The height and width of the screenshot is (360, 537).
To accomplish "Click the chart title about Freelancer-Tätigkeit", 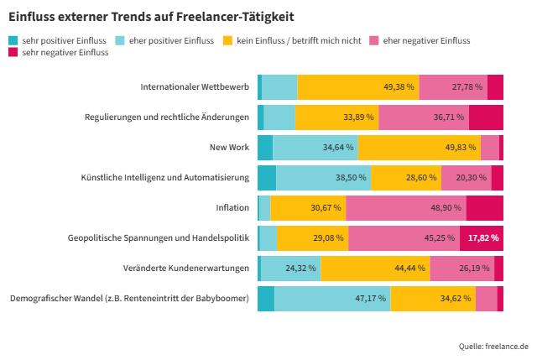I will [151, 16].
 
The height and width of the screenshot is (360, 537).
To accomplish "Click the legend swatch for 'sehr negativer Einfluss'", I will [13, 53].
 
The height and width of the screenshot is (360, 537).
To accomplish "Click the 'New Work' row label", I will [229, 148].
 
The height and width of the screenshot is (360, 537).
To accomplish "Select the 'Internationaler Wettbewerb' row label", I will [195, 87].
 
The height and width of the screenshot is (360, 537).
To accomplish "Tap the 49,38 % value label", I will [399, 87].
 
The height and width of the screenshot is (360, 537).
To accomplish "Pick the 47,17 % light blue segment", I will [332, 299].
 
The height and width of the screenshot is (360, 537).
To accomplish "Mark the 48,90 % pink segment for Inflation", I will [405, 208].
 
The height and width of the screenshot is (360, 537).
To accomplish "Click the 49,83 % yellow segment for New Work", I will [419, 148].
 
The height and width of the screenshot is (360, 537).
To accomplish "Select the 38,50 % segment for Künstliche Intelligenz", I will [323, 178].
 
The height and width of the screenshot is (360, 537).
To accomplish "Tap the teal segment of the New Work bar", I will [265, 148].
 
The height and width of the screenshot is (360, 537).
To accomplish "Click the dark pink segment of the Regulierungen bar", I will [486, 117].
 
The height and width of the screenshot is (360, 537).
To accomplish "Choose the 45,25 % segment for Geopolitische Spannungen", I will [404, 238].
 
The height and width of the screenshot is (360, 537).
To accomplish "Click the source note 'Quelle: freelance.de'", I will [493, 346].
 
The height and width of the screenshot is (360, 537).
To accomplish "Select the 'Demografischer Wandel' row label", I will [129, 299].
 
